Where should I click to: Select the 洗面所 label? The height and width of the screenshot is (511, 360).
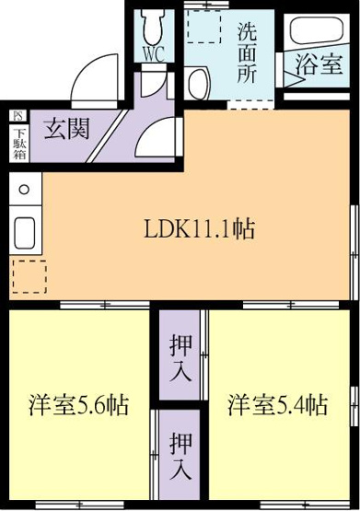click(x=247, y=53)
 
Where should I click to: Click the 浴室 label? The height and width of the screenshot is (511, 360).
click(x=319, y=64)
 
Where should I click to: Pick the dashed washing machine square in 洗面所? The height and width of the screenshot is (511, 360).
click(x=204, y=27)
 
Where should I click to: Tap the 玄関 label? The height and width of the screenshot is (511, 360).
click(x=66, y=128)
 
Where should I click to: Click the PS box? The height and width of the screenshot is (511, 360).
click(x=17, y=116)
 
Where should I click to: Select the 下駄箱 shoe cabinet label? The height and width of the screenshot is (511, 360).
click(x=19, y=144)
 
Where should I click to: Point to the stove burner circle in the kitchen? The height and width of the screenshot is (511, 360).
click(x=24, y=189)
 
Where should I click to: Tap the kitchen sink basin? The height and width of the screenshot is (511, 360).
click(x=25, y=233)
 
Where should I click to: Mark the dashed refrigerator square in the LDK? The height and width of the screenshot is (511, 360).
click(x=29, y=276)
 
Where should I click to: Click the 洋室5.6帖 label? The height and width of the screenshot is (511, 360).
click(x=79, y=405)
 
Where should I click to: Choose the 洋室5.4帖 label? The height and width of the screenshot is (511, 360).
click(x=277, y=405)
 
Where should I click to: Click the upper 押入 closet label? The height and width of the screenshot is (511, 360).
click(x=180, y=359)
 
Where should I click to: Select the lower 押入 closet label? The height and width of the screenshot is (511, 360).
click(x=180, y=456)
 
